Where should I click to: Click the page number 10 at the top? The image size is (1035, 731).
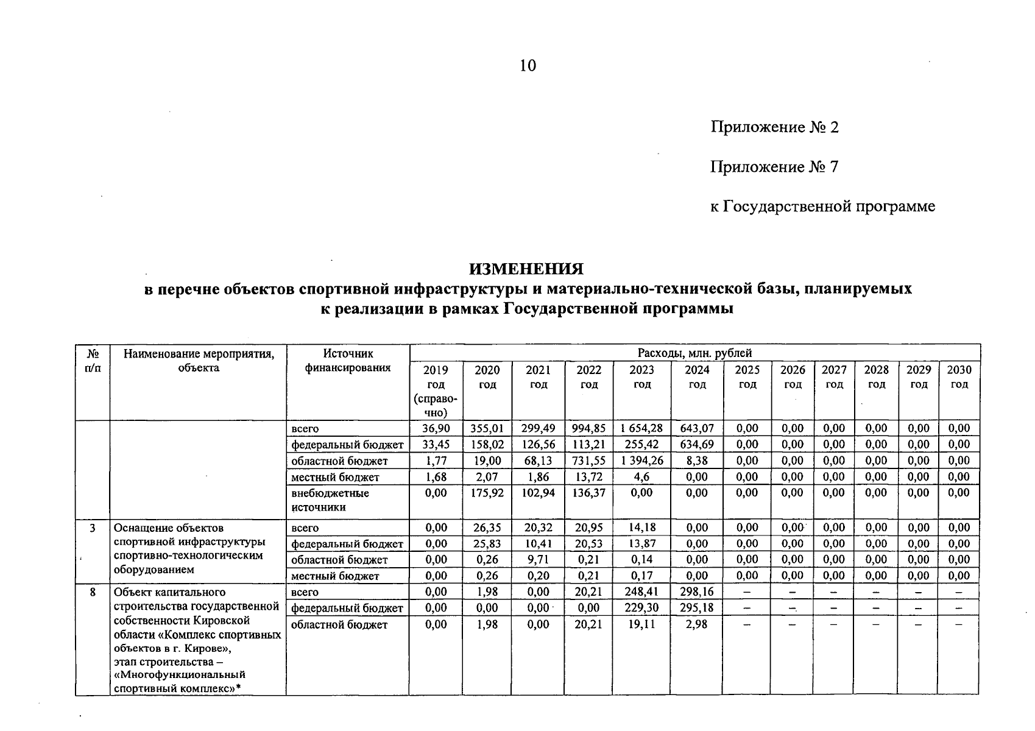tap(528, 66)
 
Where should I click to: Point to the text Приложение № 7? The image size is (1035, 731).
tap(774, 167)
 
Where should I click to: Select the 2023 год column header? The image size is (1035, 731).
tap(641, 377)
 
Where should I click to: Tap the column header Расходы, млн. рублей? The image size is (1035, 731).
tap(694, 353)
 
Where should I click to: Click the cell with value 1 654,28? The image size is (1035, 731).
tap(641, 428)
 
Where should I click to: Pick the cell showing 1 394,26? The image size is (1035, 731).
tap(641, 461)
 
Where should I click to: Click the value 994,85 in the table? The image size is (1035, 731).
tap(589, 428)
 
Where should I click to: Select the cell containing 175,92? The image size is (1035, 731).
tap(487, 492)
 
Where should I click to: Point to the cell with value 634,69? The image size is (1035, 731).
tap(696, 444)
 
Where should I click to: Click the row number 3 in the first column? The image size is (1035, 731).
tap(93, 528)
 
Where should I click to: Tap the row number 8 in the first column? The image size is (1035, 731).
tap(93, 592)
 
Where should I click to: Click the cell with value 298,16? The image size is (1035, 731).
tap(696, 592)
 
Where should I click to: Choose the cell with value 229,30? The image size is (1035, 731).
tap(641, 607)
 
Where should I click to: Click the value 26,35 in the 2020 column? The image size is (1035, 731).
tap(487, 528)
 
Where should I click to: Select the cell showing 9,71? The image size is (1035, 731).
tap(538, 559)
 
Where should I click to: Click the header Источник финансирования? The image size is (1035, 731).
tap(347, 361)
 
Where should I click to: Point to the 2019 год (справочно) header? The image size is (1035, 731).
tap(436, 391)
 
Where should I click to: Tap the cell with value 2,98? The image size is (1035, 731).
tap(696, 624)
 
